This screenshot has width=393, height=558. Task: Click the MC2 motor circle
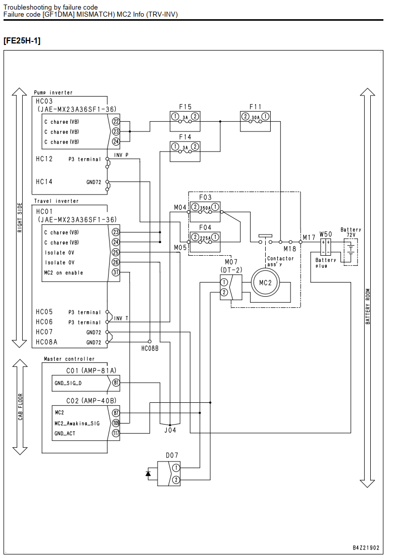(x=265, y=283)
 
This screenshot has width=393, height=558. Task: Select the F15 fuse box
(x=185, y=121)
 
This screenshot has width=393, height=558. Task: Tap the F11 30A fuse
(x=256, y=121)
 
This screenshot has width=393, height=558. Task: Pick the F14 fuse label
(x=185, y=137)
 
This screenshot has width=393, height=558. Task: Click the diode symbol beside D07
(x=149, y=473)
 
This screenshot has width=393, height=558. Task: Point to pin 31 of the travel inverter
(x=116, y=272)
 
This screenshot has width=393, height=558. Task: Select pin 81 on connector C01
(x=116, y=383)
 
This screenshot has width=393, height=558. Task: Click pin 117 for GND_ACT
(x=116, y=433)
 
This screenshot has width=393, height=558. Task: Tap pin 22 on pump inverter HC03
(x=116, y=121)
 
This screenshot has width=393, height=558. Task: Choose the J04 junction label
(x=170, y=430)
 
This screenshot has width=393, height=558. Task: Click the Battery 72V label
(x=351, y=232)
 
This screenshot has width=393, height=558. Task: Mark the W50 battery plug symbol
(x=325, y=247)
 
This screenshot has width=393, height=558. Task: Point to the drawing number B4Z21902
(x=366, y=548)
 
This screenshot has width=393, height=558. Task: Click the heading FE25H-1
(x=22, y=40)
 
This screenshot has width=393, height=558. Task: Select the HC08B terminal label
(x=150, y=349)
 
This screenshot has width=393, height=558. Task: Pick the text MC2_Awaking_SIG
(x=77, y=424)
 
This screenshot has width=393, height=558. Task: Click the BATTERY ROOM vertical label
(x=368, y=306)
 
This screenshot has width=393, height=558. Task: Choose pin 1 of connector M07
(x=224, y=282)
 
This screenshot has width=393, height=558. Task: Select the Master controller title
(x=69, y=359)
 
